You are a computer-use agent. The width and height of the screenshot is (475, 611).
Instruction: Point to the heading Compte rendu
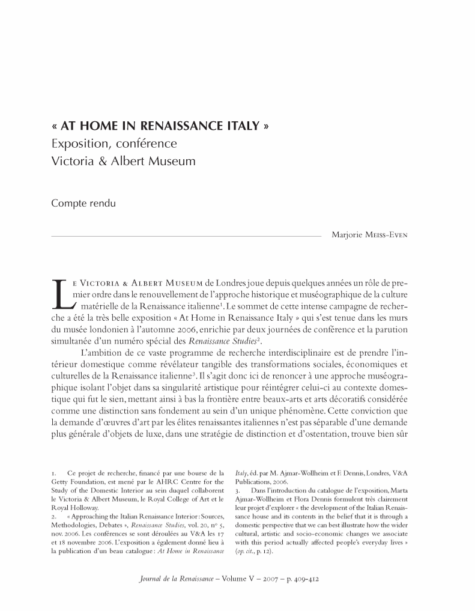point(83,203)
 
